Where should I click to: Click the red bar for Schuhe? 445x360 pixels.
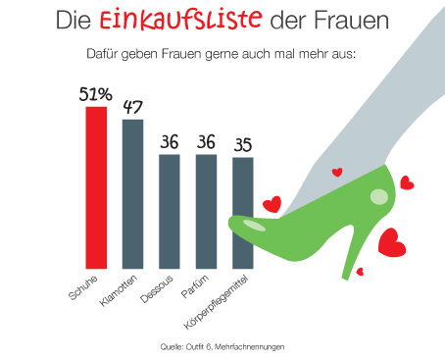tap(96, 186)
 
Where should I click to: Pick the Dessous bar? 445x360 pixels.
tap(170, 210)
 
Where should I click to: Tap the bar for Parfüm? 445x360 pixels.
tap(206, 210)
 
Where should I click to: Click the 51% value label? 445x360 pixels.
tap(96, 94)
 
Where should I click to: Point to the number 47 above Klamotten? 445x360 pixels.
tap(132, 107)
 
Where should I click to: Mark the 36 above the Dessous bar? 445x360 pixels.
tap(170, 142)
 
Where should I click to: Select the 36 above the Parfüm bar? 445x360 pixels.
tap(206, 142)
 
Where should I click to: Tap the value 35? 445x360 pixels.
tap(242, 145)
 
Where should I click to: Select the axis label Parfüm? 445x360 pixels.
tap(196, 287)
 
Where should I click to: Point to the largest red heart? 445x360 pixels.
tap(393, 241)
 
